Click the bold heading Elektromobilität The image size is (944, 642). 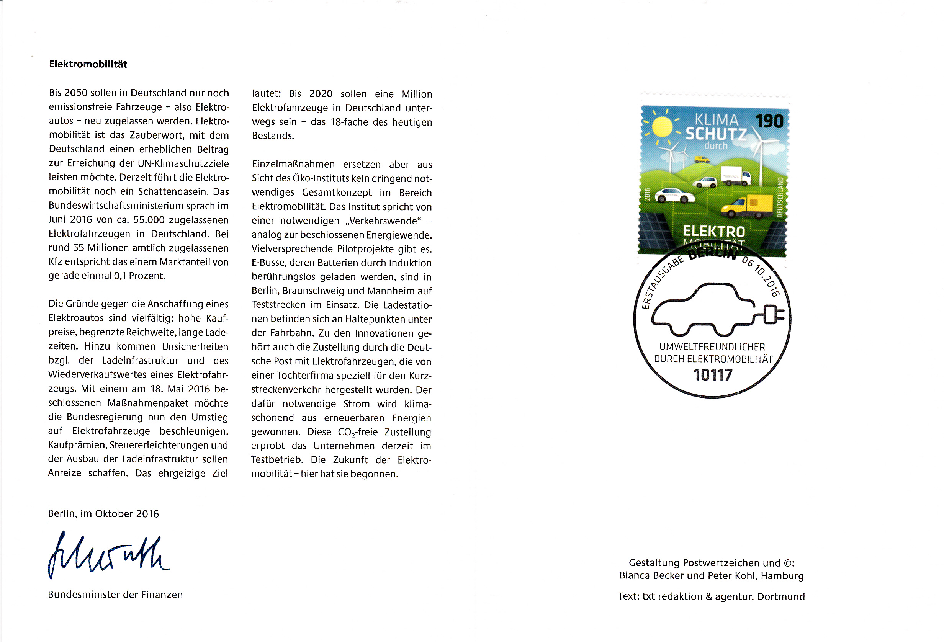coord(88,64)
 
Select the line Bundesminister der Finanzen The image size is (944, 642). coord(115,595)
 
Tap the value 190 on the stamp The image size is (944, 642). coord(769,121)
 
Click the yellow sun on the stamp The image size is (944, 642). coord(662,127)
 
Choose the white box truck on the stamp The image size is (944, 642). coord(735,176)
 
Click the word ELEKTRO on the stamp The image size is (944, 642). coord(714,232)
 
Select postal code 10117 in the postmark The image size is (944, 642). coord(712,375)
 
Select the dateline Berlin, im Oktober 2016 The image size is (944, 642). coord(103,514)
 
